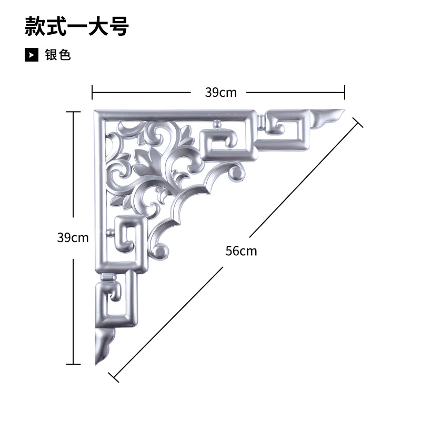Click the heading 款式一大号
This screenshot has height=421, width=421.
(x=77, y=27)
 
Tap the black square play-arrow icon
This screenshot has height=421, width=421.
(x=32, y=55)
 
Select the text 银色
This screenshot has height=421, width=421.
(x=58, y=55)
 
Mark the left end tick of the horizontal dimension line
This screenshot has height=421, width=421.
(x=93, y=92)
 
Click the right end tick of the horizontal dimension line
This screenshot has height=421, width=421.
(x=345, y=92)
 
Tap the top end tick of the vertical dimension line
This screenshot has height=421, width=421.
(x=73, y=112)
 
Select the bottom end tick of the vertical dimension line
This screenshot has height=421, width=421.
(x=73, y=363)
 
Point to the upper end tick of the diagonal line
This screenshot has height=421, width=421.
(x=357, y=123)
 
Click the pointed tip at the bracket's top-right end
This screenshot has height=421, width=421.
(x=343, y=111)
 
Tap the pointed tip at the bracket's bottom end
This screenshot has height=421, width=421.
(x=96, y=363)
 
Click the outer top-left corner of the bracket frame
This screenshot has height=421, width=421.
(x=95, y=112)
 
